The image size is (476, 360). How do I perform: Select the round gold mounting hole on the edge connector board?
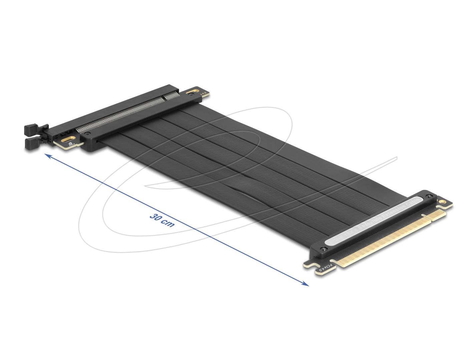(443, 202)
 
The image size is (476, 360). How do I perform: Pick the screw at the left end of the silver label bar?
(323, 249)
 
